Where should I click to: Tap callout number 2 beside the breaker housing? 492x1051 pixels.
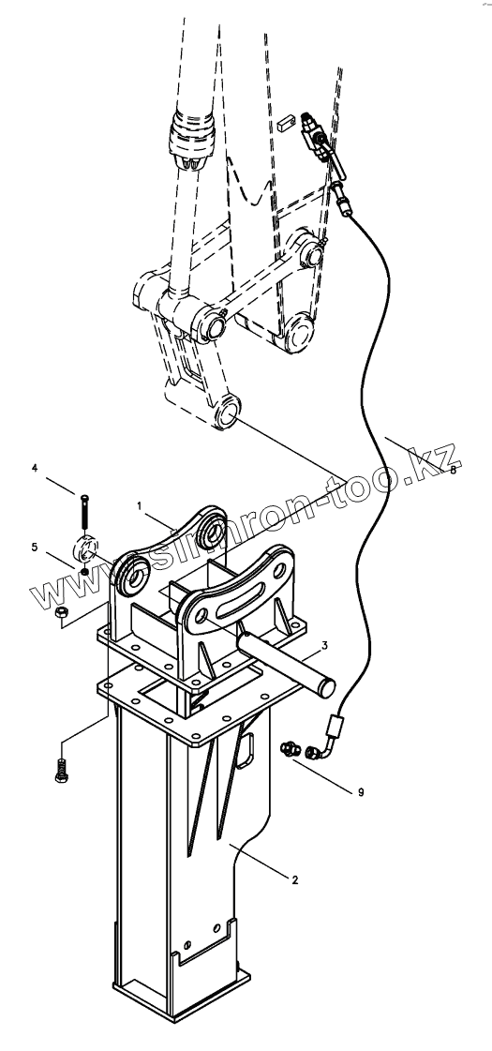(295, 879)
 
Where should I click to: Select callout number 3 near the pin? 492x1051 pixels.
(324, 645)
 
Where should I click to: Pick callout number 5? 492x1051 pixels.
(34, 548)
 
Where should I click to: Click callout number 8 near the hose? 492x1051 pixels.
(454, 471)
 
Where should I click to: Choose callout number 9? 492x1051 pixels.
(362, 792)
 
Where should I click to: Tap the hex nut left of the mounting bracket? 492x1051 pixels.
(60, 612)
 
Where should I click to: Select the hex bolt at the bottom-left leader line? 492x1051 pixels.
(61, 770)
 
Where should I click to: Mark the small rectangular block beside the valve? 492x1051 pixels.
(285, 125)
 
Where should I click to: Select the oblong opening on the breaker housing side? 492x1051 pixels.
(245, 748)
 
